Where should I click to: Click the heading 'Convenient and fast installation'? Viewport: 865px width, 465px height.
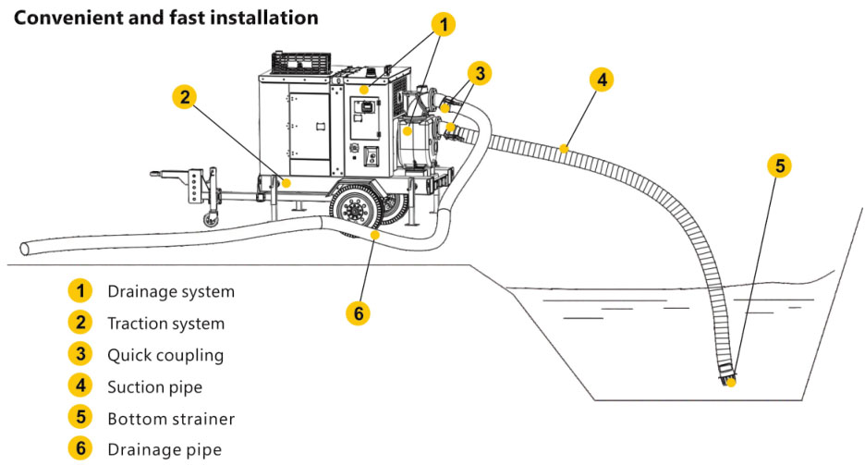(x=166, y=18)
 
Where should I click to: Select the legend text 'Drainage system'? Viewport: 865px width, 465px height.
(x=171, y=291)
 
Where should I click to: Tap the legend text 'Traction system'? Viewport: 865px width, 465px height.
(x=165, y=324)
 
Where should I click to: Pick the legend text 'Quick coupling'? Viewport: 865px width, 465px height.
(x=165, y=355)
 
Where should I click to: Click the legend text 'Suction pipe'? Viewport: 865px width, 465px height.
(x=154, y=386)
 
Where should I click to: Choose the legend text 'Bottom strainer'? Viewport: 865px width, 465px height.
(x=171, y=419)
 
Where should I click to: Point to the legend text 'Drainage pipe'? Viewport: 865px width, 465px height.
(x=164, y=450)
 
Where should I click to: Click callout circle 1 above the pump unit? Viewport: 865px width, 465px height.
(x=444, y=25)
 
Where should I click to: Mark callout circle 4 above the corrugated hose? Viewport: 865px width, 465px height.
(x=602, y=80)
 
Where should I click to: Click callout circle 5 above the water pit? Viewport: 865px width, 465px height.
(x=780, y=165)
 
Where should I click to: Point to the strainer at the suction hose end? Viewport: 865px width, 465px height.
(x=729, y=376)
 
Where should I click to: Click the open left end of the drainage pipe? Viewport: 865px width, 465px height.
(x=26, y=247)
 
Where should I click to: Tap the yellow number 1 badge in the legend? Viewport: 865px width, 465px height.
(x=80, y=291)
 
